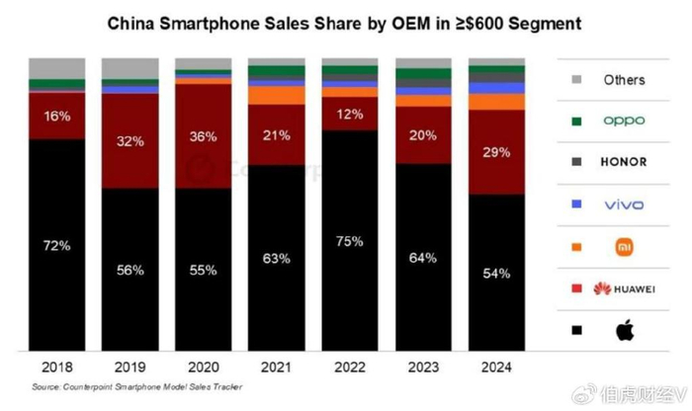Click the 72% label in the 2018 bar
[56, 244]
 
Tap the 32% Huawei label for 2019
[130, 141]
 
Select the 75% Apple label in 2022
[350, 240]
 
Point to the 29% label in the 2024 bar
[496, 152]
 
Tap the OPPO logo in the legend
[624, 121]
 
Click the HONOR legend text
[624, 161]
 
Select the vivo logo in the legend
[624, 205]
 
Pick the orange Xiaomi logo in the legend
[624, 246]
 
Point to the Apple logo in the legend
[624, 330]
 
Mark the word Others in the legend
[624, 80]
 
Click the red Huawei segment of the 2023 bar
[423, 135]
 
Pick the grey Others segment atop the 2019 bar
[130, 68]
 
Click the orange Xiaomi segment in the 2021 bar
[276, 95]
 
